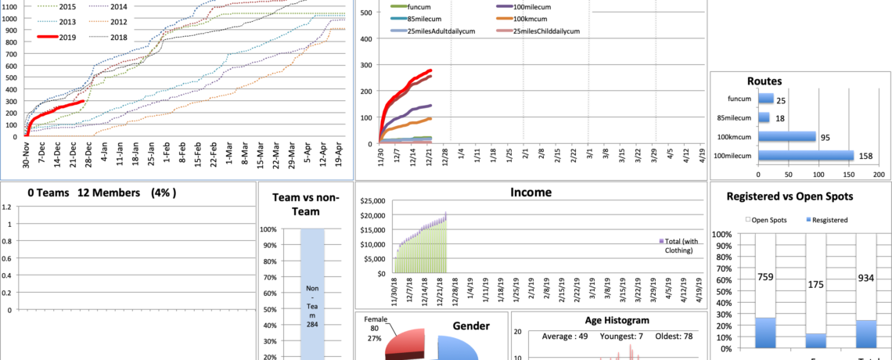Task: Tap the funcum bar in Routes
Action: [766, 99]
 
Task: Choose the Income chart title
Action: [530, 192]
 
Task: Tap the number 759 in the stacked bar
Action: [766, 275]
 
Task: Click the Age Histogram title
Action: [617, 320]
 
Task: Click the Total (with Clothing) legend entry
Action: [680, 246]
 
